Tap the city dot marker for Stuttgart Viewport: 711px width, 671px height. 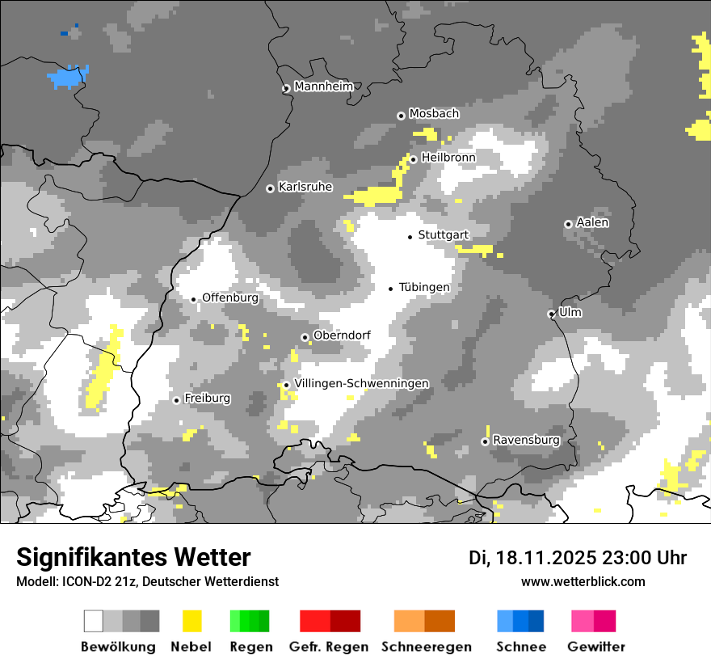pyautogui.click(x=410, y=236)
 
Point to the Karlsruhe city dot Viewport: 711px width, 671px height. pyautogui.click(x=270, y=188)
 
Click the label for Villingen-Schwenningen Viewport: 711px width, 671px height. pyautogui.click(x=362, y=383)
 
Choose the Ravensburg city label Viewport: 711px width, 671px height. pyautogui.click(x=526, y=441)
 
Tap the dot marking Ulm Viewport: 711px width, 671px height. pyautogui.click(x=551, y=314)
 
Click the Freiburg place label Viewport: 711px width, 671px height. pyautogui.click(x=207, y=399)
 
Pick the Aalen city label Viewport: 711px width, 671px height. pyautogui.click(x=592, y=222)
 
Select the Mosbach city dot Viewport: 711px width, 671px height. pyautogui.click(x=401, y=116)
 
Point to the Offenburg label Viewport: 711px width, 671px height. pyautogui.click(x=230, y=298)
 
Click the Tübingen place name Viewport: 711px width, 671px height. pyautogui.click(x=424, y=287)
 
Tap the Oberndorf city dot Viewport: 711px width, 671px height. pyautogui.click(x=305, y=337)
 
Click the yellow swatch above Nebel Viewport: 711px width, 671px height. pyautogui.click(x=191, y=621)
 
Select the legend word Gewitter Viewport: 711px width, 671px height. pyautogui.click(x=596, y=647)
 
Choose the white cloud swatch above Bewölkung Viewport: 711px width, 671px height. pyautogui.click(x=94, y=621)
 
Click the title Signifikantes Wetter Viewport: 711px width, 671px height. pyautogui.click(x=133, y=558)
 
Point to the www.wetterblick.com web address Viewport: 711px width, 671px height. pyautogui.click(x=583, y=582)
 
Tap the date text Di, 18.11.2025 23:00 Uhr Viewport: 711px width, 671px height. pyautogui.click(x=578, y=558)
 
